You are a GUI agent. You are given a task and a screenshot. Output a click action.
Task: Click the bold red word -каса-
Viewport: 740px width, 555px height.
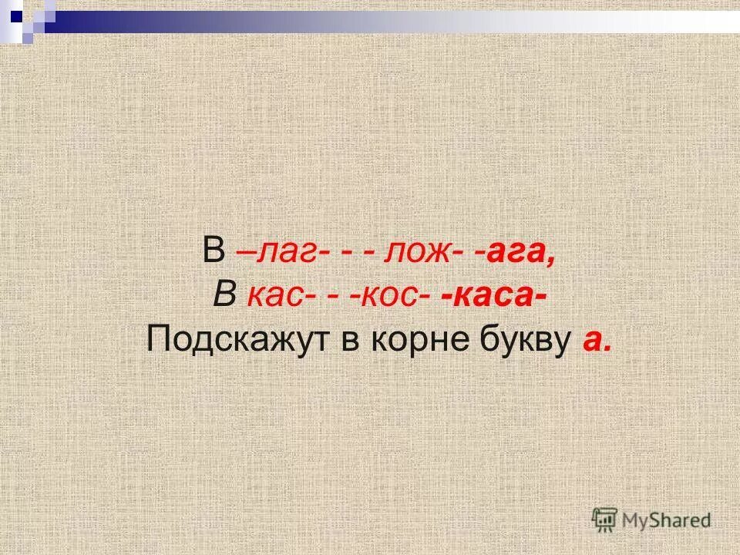(x=491, y=295)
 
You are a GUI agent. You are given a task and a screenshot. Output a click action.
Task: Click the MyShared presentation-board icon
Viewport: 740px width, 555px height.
(x=604, y=520)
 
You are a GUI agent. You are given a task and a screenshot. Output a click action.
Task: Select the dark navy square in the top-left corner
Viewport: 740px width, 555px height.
(x=16, y=15)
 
